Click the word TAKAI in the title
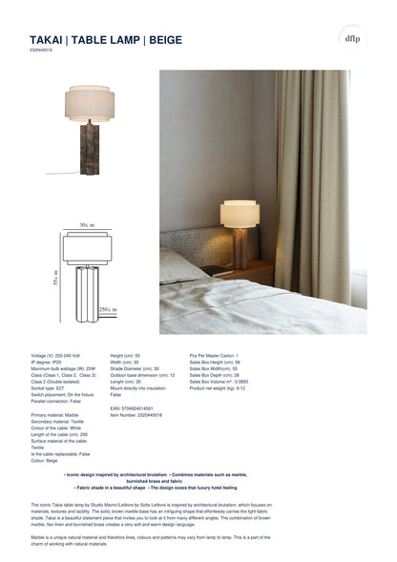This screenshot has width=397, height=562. (x=48, y=40)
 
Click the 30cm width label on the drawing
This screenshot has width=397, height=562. (x=87, y=225)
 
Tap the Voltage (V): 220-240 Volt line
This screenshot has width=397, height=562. (x=62, y=354)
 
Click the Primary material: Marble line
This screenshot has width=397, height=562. (x=56, y=416)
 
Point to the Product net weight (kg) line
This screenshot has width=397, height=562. (x=218, y=388)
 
